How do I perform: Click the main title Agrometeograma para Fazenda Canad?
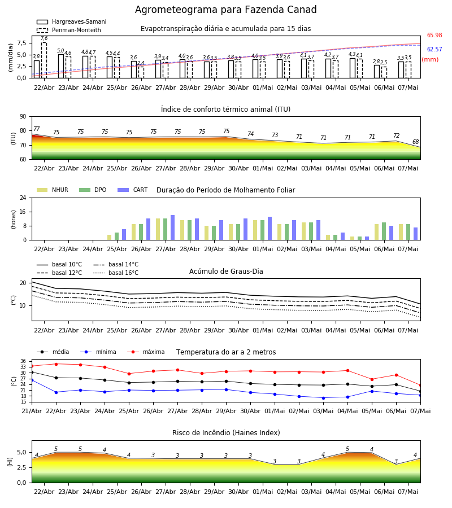click(225, 10)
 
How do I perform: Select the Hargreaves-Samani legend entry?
click(72, 21)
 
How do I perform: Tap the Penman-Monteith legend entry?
click(69, 30)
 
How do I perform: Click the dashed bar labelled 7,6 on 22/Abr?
click(44, 60)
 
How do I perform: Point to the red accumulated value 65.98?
click(434, 36)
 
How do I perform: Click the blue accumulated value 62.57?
click(434, 49)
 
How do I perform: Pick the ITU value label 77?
click(36, 129)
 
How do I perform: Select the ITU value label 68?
click(415, 142)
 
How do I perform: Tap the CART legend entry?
click(132, 190)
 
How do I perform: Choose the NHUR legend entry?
click(53, 190)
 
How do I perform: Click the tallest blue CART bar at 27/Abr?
click(172, 227)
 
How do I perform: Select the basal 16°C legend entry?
click(116, 273)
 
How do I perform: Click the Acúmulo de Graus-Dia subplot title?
click(226, 271)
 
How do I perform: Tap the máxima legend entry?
click(146, 352)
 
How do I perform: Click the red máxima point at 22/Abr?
click(56, 364)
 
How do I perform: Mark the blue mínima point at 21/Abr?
click(32, 380)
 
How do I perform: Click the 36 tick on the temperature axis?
click(25, 361)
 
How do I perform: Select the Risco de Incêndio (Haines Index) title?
click(226, 433)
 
